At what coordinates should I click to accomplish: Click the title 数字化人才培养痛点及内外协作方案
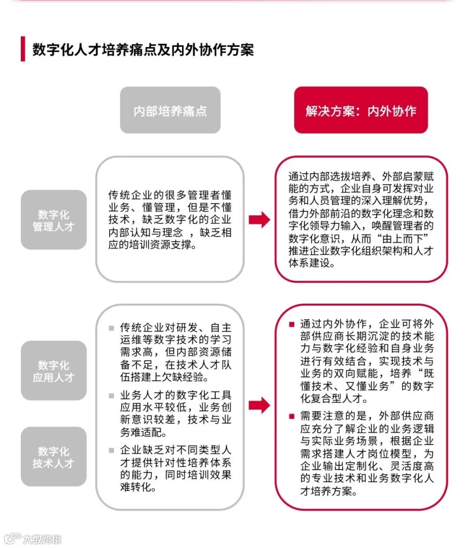(143, 50)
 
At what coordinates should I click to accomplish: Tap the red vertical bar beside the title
(23, 49)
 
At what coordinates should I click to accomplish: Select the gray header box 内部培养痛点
(170, 110)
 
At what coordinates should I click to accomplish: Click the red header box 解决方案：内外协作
(361, 110)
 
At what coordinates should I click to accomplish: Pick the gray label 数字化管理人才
(54, 220)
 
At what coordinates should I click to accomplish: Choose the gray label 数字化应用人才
(54, 371)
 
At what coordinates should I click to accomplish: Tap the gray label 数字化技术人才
(54, 457)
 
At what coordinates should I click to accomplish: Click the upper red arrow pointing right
(259, 220)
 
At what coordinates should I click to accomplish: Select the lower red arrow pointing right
(259, 406)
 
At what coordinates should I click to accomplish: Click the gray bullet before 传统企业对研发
(111, 328)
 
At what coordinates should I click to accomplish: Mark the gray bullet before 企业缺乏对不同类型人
(111, 450)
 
